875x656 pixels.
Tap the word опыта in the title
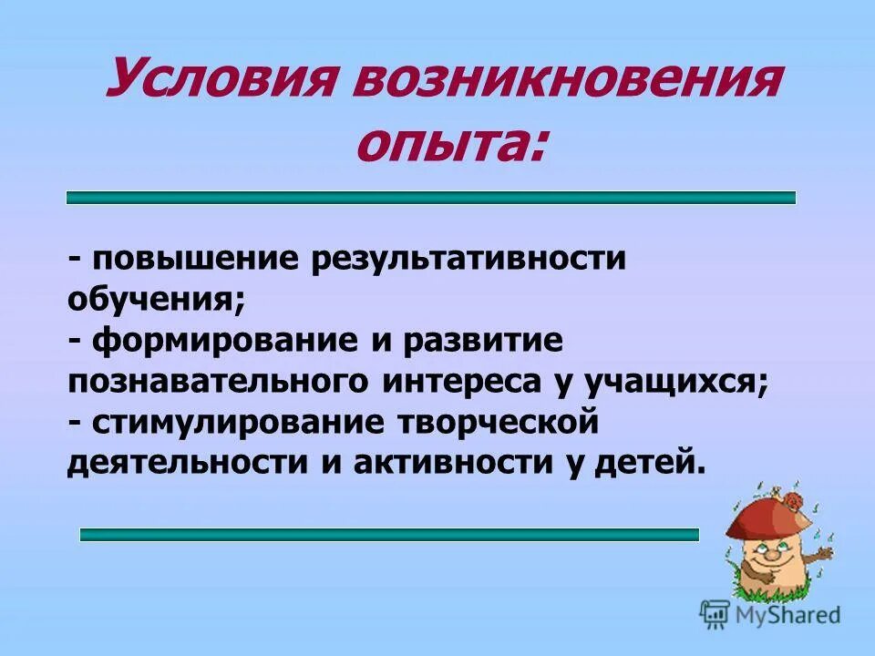point(450,143)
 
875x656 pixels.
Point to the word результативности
point(469,259)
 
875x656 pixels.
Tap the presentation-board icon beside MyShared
point(715,615)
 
